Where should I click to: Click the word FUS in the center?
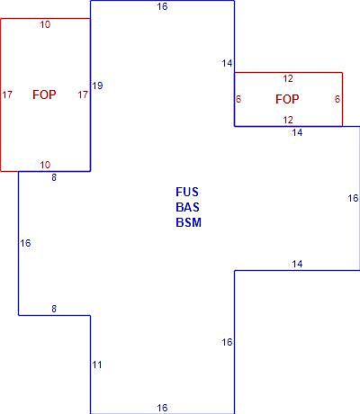pyautogui.click(x=187, y=192)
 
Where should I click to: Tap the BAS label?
pyautogui.click(x=187, y=207)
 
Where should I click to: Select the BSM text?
pyautogui.click(x=188, y=222)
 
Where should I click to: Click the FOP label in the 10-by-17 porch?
pyautogui.click(x=44, y=94)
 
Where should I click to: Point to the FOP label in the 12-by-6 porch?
pyautogui.click(x=287, y=99)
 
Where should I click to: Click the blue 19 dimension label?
pyautogui.click(x=97, y=85)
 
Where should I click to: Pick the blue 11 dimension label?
pyautogui.click(x=97, y=364)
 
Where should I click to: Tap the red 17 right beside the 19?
pyautogui.click(x=83, y=95)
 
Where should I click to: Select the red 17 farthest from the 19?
pyautogui.click(x=7, y=95)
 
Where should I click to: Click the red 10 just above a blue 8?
pyautogui.click(x=45, y=165)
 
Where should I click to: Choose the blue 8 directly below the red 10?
pyautogui.click(x=54, y=177)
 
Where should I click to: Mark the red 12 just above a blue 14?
pyautogui.click(x=288, y=120)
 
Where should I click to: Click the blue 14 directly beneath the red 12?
pyautogui.click(x=297, y=132)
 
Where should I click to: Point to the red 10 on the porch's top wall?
pyautogui.click(x=45, y=24)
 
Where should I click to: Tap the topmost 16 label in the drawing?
pyautogui.click(x=162, y=6)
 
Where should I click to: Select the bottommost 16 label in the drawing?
pyautogui.click(x=162, y=408)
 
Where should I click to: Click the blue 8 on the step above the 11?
pyautogui.click(x=54, y=309)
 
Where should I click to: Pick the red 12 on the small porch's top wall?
pyautogui.click(x=288, y=79)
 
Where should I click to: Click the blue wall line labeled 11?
pyautogui.click(x=90, y=364)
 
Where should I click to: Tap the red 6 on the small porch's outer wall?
pyautogui.click(x=337, y=99)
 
